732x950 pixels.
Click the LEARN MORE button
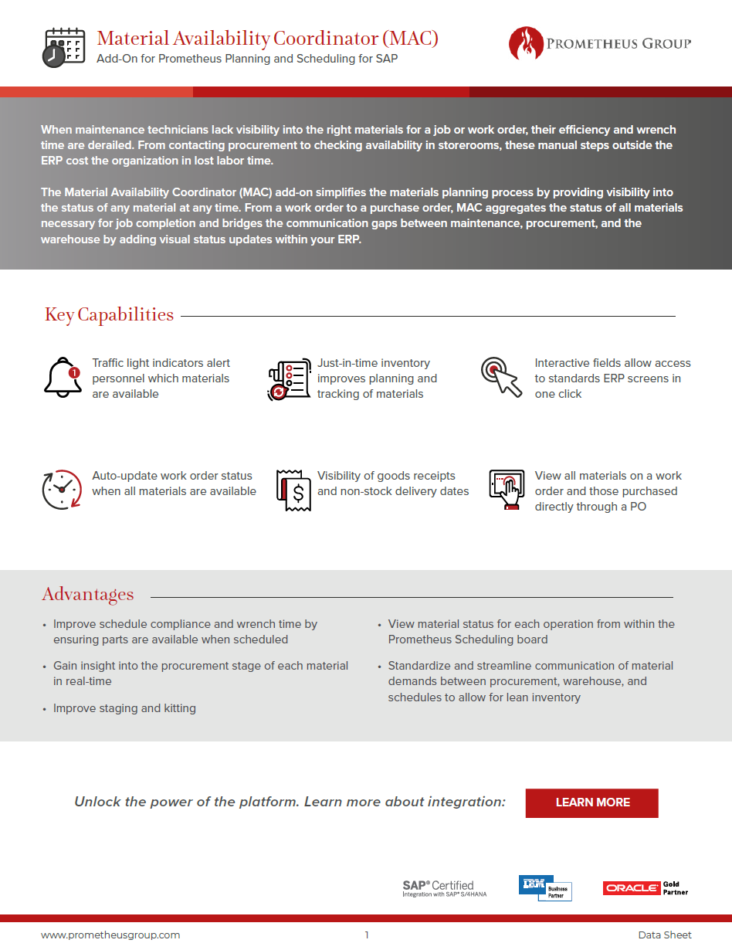[591, 802]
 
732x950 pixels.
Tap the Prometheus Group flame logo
[526, 44]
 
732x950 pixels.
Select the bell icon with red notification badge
[62, 378]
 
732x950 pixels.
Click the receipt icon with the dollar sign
[293, 490]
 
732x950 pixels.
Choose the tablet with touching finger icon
[507, 490]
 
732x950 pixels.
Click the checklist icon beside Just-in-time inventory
[287, 379]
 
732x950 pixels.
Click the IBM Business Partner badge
[545, 888]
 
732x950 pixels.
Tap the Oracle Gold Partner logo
[646, 888]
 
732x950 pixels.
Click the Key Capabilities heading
[109, 314]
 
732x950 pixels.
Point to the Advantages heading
[88, 594]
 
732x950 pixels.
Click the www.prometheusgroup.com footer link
[110, 935]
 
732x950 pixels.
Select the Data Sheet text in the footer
[664, 935]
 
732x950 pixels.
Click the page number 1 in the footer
[367, 935]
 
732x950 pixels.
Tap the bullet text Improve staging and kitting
[124, 707]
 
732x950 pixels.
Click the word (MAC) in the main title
[409, 38]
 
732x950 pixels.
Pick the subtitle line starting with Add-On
[247, 59]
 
